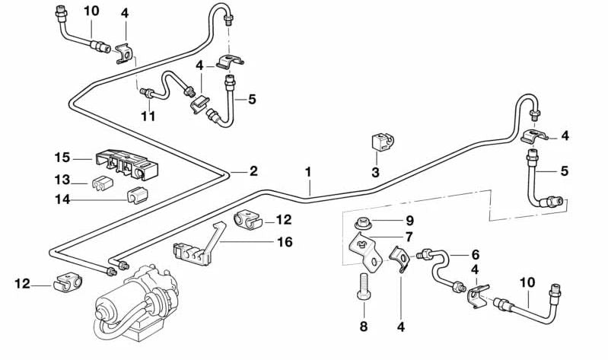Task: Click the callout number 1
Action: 309,172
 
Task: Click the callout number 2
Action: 254,171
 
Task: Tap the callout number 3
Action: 375,173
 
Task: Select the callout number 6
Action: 476,255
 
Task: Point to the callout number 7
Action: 409,237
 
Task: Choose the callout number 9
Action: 409,221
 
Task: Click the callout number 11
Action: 148,116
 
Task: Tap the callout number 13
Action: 62,182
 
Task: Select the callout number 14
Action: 62,199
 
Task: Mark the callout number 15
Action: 62,158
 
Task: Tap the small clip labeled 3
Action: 380,142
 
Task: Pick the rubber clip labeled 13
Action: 98,183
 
